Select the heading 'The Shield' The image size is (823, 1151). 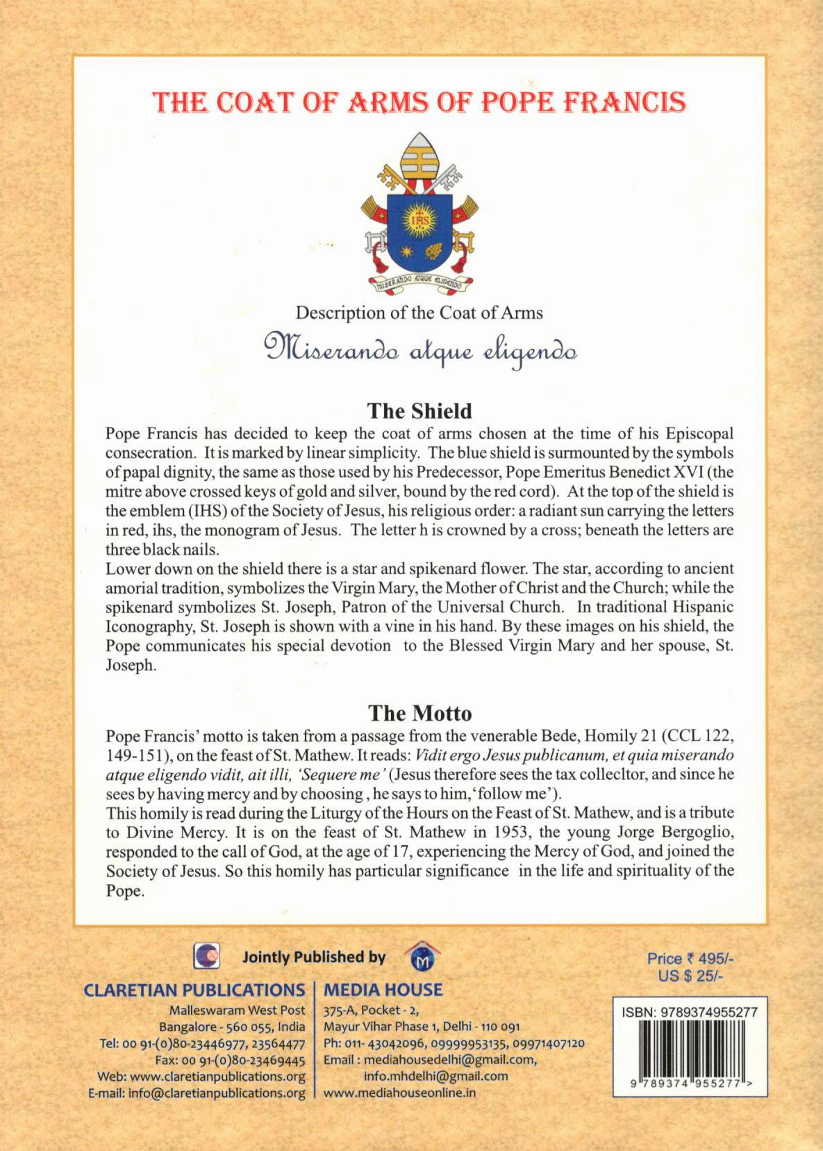point(419,411)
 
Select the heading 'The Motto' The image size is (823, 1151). point(419,713)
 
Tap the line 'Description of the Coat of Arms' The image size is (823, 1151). point(419,313)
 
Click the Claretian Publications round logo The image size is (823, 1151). point(206,957)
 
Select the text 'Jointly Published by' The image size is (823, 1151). point(314,957)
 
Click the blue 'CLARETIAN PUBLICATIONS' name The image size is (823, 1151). point(194,990)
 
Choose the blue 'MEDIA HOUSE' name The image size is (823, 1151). point(383,990)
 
